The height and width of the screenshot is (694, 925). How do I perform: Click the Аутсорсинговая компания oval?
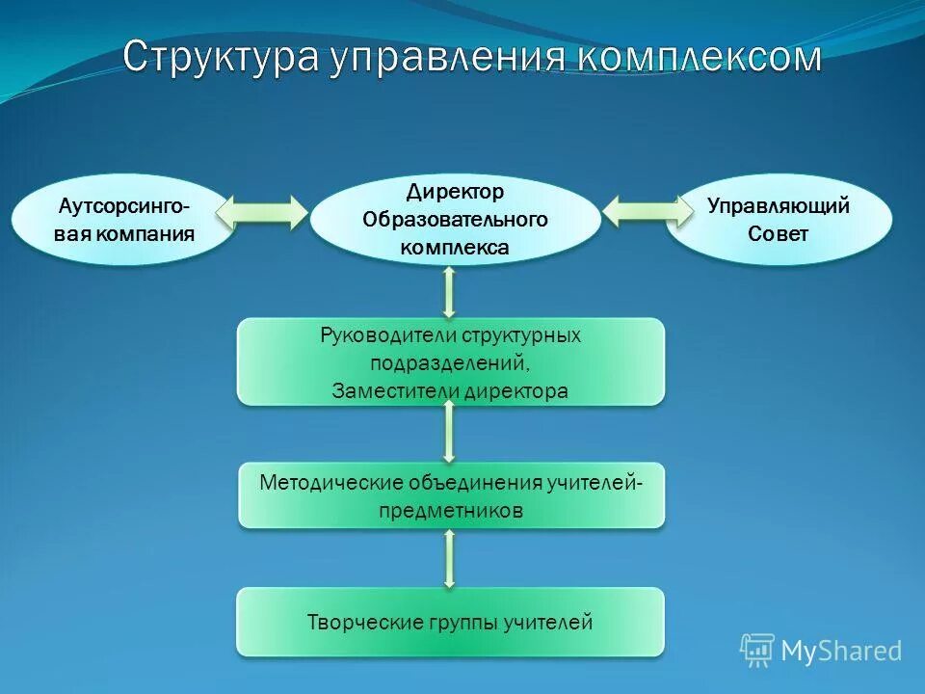(x=122, y=220)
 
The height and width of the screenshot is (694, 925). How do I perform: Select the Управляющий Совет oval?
(x=779, y=220)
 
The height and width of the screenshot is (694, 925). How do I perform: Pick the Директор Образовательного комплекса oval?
(x=455, y=220)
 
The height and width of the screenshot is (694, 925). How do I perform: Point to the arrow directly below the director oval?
(x=449, y=292)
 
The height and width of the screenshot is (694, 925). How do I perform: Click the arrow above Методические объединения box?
(x=449, y=432)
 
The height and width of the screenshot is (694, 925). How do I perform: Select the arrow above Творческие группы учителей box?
(x=449, y=558)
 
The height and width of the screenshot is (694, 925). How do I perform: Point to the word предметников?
(x=450, y=511)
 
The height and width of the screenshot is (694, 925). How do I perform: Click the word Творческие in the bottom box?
(x=351, y=623)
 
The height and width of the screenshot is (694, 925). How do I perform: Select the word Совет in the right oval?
(x=778, y=234)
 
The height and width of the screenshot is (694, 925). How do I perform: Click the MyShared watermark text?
(x=840, y=651)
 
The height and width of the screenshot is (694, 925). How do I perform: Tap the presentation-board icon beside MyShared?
(x=756, y=650)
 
